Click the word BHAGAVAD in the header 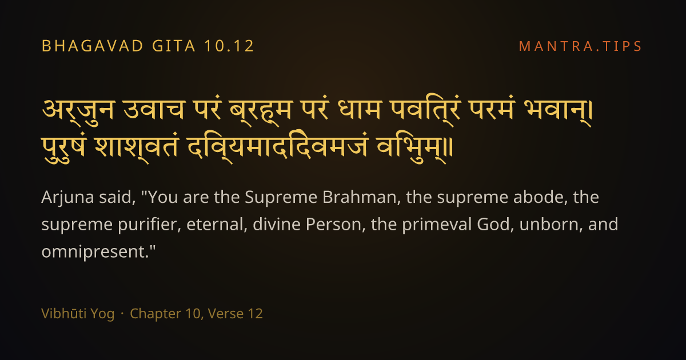click(x=93, y=46)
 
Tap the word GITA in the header click(x=174, y=46)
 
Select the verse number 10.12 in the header click(x=229, y=46)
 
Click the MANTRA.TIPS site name click(x=580, y=46)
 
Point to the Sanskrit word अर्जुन click(x=78, y=111)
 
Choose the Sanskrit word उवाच click(x=154, y=110)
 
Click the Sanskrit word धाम click(x=360, y=110)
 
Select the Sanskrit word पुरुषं click(x=63, y=149)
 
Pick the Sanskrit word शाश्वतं click(x=137, y=149)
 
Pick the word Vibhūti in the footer click(x=60, y=314)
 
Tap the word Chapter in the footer click(x=155, y=314)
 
